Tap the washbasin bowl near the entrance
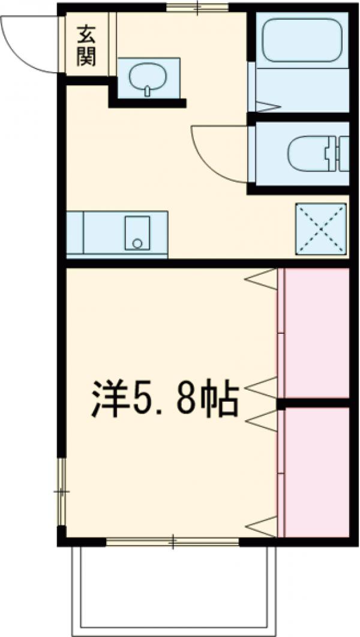click(x=146, y=76)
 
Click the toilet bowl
click(x=308, y=155)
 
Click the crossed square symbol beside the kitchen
click(x=321, y=229)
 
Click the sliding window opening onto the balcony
click(x=173, y=542)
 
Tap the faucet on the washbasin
click(x=146, y=91)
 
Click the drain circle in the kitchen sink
click(x=137, y=243)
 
